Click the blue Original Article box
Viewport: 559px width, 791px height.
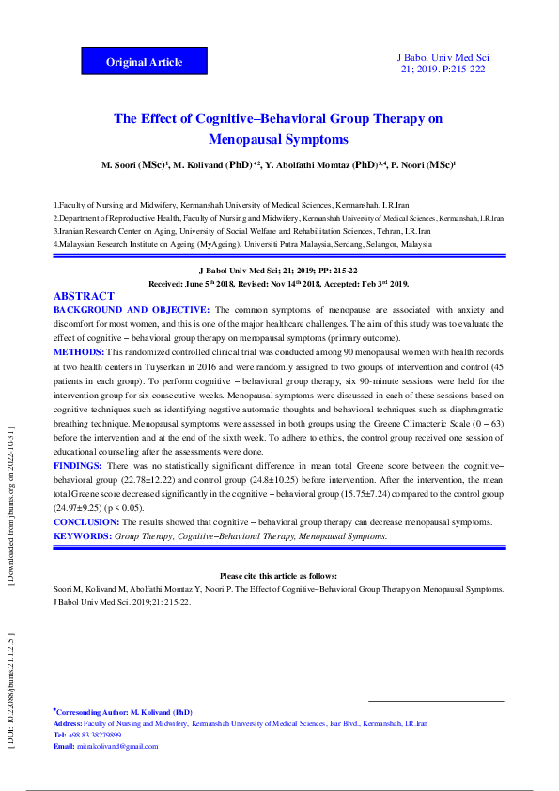[144, 62]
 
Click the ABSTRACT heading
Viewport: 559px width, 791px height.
[84, 296]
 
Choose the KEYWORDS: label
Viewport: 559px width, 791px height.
[83, 535]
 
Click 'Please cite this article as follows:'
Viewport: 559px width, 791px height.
[278, 576]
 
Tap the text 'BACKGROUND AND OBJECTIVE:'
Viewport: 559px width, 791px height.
[132, 309]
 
